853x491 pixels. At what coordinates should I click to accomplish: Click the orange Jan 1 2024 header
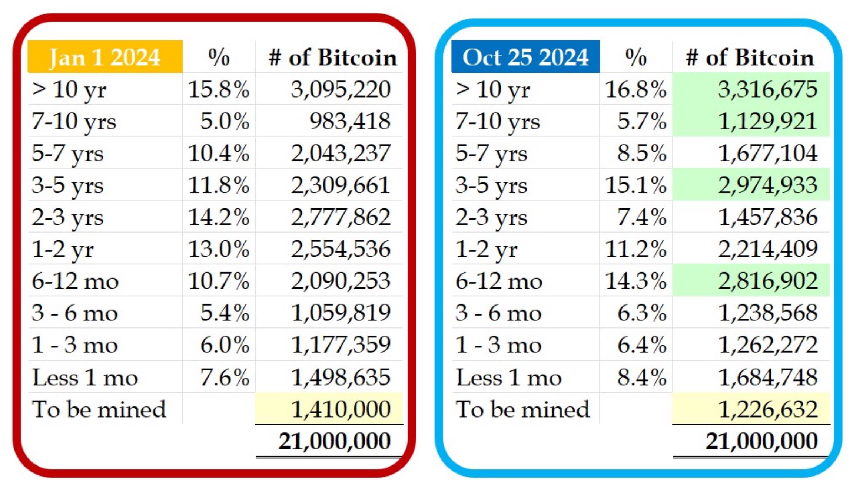click(105, 57)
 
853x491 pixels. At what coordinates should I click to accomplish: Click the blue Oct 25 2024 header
click(525, 57)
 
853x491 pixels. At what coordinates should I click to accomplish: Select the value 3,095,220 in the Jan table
click(340, 89)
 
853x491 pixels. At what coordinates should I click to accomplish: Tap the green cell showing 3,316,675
click(767, 89)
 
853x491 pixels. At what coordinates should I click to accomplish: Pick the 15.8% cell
click(219, 89)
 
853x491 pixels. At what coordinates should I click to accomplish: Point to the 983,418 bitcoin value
click(349, 121)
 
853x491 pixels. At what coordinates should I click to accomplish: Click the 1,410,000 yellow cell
click(340, 409)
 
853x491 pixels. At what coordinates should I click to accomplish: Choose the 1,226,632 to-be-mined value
click(767, 409)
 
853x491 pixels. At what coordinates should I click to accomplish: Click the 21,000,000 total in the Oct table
click(761, 441)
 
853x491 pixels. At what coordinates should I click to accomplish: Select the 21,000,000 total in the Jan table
click(334, 441)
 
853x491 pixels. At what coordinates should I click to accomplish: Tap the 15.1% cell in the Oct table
click(635, 185)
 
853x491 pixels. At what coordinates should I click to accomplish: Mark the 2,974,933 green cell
click(767, 185)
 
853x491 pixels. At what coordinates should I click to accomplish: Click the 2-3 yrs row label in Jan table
click(67, 217)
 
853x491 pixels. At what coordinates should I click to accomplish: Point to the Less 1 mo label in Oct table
click(509, 378)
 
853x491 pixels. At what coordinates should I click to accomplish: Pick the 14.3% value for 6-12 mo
click(635, 281)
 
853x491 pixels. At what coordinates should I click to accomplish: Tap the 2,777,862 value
click(340, 217)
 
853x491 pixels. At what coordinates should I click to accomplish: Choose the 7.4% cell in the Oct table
click(641, 217)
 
